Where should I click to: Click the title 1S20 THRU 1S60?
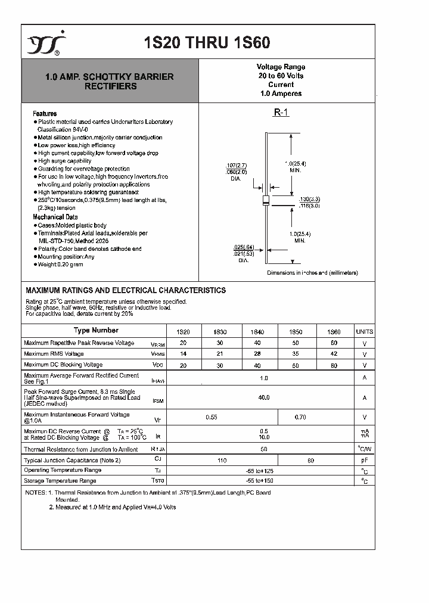point(207,43)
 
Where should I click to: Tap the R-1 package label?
point(281,112)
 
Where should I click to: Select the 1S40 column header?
point(257,331)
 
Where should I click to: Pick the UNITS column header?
point(364,331)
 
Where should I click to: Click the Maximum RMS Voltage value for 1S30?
point(220,354)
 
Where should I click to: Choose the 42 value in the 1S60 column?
point(334,354)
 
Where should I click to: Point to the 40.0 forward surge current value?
point(264,397)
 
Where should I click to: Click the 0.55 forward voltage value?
point(211,418)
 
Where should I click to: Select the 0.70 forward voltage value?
point(300,418)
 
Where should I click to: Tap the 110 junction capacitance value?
point(223,461)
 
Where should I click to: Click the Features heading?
point(45,114)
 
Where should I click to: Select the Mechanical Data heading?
point(55,217)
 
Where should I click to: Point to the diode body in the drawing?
point(266,201)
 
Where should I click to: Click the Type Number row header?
point(96,331)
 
